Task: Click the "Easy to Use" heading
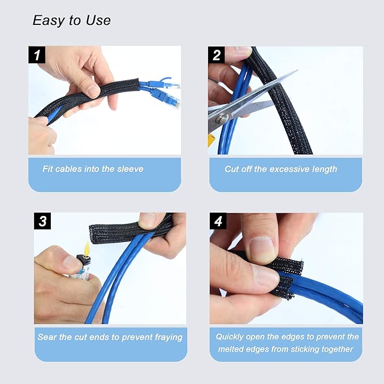coord(71,21)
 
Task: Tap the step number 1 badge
coord(37,55)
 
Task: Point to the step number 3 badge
coord(43,221)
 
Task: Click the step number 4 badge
coord(218,221)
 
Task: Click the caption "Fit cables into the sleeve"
coord(93,169)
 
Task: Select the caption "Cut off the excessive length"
coord(281,169)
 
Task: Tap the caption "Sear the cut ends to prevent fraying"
coord(110,337)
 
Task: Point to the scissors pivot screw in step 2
coord(223,118)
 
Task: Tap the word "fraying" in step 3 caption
coord(166,337)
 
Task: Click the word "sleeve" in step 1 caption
coord(131,169)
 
